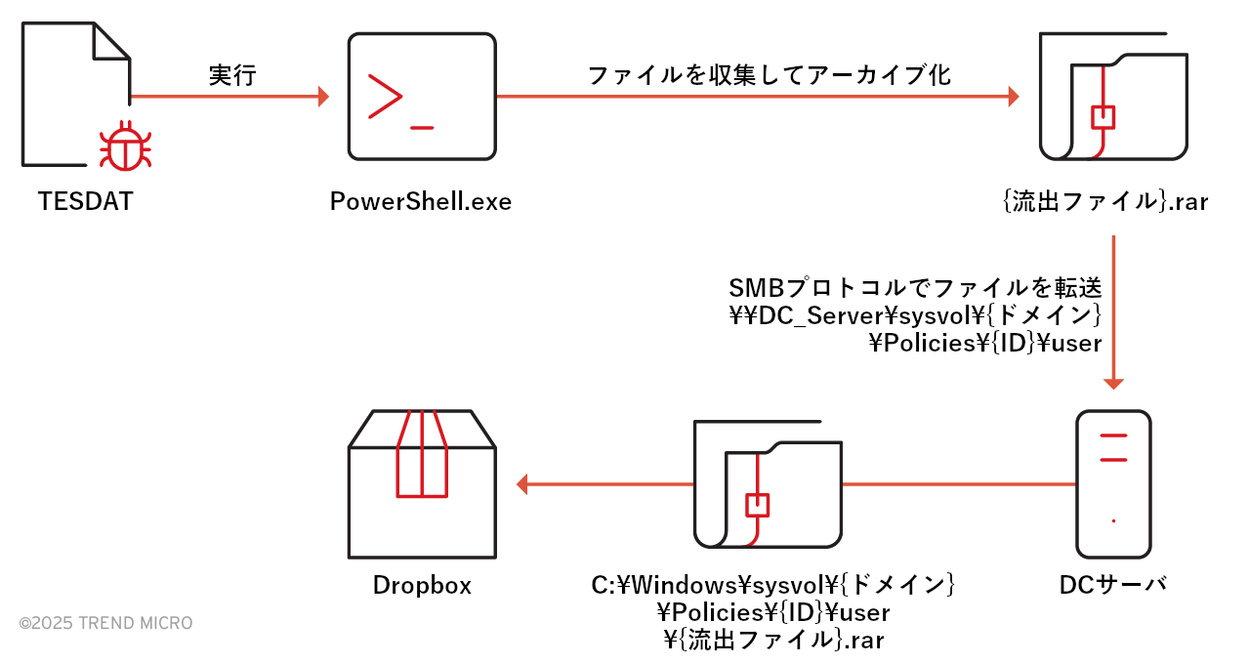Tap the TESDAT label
[85, 202]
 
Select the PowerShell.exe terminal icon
[421, 96]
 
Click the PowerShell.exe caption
[421, 202]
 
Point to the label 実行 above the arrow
[232, 76]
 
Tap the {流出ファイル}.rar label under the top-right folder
[1105, 203]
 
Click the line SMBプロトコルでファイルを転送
[915, 289]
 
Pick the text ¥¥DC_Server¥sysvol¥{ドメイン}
[915, 316]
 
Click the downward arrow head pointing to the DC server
[1114, 383]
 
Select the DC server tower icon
[1113, 484]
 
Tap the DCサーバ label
[1113, 585]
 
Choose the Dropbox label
[422, 585]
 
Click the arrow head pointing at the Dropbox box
[521, 483]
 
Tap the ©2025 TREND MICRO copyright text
[105, 623]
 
